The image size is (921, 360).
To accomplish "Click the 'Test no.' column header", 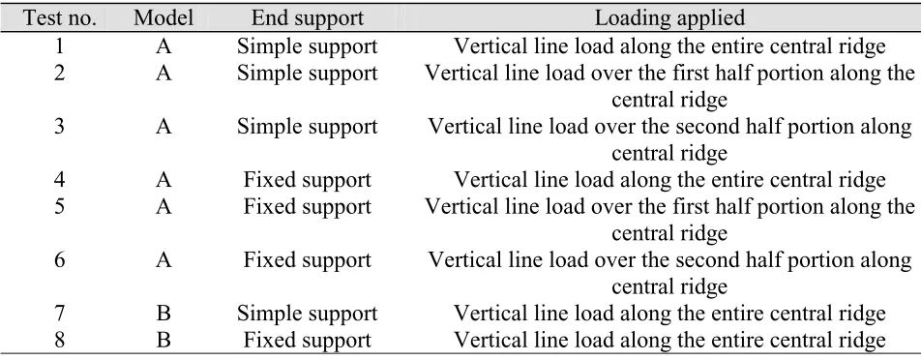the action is pos(59,18).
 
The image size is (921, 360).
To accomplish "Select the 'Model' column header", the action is pos(163,18).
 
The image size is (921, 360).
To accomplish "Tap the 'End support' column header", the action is pos(308,18).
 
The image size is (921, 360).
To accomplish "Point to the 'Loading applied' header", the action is pos(669,18).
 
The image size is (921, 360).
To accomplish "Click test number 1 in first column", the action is pos(59,45).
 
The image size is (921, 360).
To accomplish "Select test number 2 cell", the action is pos(59,73).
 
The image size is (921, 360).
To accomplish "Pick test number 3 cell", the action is pos(59,126).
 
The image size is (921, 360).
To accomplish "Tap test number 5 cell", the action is pos(59,207).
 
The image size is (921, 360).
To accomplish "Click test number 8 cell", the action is pos(59,340).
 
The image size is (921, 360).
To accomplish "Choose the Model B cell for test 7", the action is pos(163,314).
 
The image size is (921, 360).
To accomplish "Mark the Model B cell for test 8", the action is pos(163,340).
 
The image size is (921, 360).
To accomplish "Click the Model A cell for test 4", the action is pos(163,180).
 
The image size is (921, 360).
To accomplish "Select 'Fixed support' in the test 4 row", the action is pos(308,180).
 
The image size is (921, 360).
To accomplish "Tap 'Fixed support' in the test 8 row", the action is pos(308,341).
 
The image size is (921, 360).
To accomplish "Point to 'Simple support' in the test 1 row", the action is pos(308,46).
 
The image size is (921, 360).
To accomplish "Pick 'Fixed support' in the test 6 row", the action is pos(308,260).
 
